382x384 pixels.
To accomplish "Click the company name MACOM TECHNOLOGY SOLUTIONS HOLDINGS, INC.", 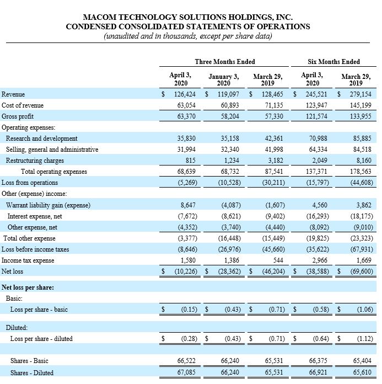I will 187,17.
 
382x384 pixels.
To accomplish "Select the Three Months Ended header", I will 225,61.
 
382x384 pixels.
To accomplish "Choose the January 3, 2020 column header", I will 223,79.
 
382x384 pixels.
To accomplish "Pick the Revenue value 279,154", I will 358,94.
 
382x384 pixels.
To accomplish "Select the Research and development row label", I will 42,138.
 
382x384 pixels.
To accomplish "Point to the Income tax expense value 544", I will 277,260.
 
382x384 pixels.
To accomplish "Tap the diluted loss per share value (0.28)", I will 189,338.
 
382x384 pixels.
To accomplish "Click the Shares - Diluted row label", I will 32,372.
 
